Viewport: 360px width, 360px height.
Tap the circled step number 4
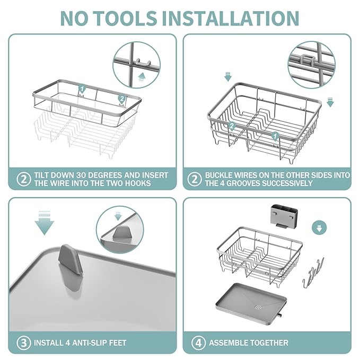click(x=197, y=342)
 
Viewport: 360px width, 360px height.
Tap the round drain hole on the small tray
click(x=258, y=306)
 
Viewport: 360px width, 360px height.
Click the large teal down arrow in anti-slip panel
click(x=45, y=224)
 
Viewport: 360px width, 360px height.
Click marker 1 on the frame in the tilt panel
click(x=82, y=89)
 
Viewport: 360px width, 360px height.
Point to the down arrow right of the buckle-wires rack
click(x=330, y=102)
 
